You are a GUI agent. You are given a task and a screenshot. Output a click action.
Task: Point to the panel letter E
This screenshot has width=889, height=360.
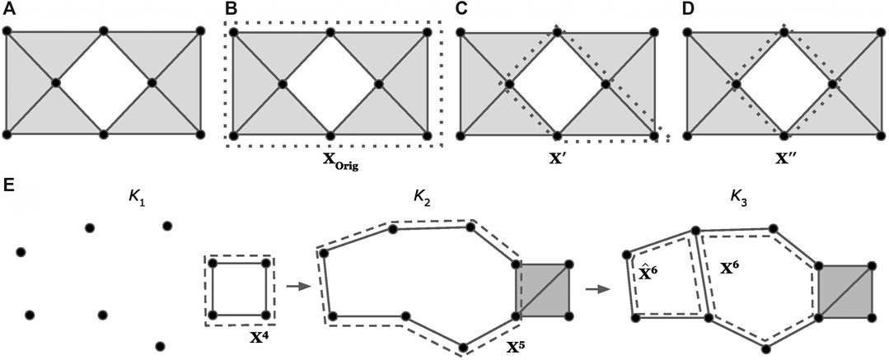[9, 184]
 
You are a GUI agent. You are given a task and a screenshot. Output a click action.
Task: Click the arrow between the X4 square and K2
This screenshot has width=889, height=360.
[292, 288]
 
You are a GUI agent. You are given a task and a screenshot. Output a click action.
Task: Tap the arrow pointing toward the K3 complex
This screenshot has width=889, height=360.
[596, 289]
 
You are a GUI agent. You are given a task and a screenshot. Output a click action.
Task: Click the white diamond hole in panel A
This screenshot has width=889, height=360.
[104, 82]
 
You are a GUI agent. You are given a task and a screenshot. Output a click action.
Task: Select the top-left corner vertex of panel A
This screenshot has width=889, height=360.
[7, 31]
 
